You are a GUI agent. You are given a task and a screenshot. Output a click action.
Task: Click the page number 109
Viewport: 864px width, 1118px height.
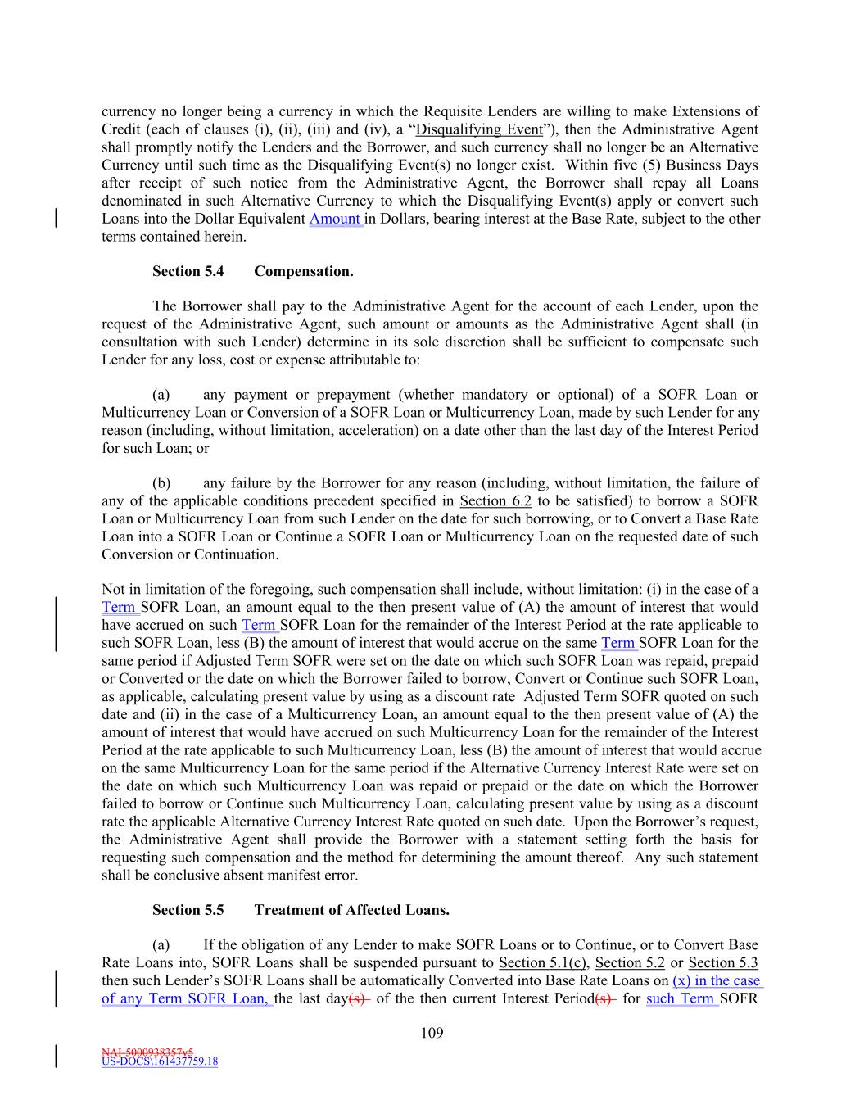pyautogui.click(x=432, y=1033)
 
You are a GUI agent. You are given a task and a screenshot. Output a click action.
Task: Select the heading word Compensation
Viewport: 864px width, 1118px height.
pyautogui.click(x=304, y=271)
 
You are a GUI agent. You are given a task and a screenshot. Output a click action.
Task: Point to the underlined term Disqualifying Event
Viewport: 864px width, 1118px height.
pyautogui.click(x=479, y=129)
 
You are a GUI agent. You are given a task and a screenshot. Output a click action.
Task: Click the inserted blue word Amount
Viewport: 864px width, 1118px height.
pyautogui.click(x=336, y=219)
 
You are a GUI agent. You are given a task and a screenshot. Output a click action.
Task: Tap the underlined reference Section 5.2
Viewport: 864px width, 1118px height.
pyautogui.click(x=630, y=963)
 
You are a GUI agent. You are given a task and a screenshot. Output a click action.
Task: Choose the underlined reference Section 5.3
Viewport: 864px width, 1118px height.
pyautogui.click(x=723, y=963)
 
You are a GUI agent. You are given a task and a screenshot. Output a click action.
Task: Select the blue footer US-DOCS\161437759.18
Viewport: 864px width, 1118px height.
pyautogui.click(x=160, y=1062)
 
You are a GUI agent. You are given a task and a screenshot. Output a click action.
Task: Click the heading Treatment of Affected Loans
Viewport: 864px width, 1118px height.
pyautogui.click(x=352, y=910)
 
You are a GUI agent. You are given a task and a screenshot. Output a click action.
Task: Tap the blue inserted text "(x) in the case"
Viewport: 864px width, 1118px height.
pyautogui.click(x=717, y=981)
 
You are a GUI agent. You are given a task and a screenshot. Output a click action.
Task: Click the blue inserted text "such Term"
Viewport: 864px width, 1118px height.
pyautogui.click(x=681, y=999)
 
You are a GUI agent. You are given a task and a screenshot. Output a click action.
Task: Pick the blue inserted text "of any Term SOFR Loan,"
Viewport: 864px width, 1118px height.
pyautogui.click(x=188, y=999)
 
